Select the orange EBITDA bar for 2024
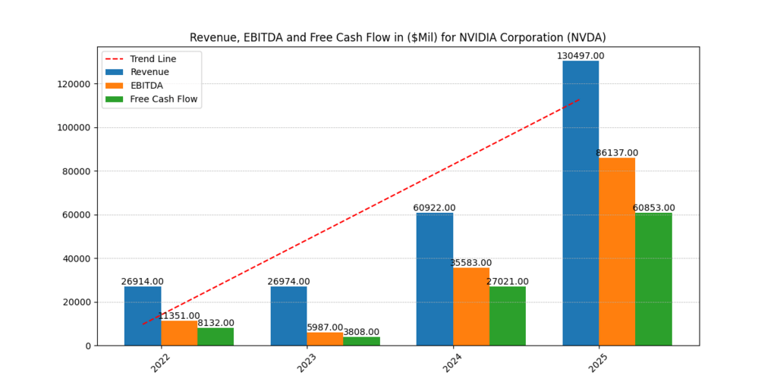click(471, 306)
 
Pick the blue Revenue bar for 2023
click(288, 316)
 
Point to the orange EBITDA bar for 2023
click(325, 339)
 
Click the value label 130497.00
click(580, 56)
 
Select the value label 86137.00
click(617, 153)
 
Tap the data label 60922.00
click(434, 208)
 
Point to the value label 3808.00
click(361, 332)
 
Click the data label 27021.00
click(508, 282)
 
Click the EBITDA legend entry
click(146, 86)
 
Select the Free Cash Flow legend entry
click(163, 99)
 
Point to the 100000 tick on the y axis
click(74, 127)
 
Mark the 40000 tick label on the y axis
click(76, 258)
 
